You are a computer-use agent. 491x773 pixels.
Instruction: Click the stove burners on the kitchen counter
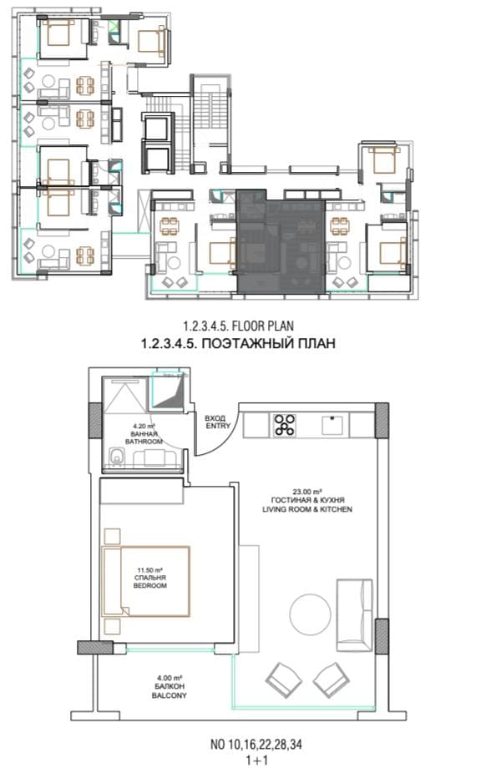(x=285, y=425)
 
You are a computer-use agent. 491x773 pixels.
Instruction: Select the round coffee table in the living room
(x=310, y=614)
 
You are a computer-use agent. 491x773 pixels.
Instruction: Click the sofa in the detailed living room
(x=354, y=615)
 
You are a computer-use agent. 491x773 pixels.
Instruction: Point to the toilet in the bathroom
(x=116, y=457)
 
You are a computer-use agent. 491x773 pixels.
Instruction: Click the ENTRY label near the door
(x=218, y=426)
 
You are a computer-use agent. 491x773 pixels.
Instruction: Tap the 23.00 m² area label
(x=307, y=492)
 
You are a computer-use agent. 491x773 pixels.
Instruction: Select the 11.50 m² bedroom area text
(x=149, y=569)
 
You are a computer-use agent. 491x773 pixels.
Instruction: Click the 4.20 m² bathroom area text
(x=144, y=426)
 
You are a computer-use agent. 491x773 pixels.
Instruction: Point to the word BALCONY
(x=169, y=695)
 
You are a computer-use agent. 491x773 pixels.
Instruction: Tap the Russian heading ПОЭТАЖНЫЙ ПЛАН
(x=269, y=343)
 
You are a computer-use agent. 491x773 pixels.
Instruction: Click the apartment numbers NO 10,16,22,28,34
(x=256, y=745)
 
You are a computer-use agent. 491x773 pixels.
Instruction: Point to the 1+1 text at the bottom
(x=256, y=760)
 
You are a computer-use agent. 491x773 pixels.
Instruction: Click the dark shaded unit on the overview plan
(x=281, y=241)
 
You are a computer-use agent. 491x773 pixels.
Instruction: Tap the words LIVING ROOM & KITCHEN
(x=307, y=509)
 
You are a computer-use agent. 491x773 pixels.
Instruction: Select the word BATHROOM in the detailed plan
(x=144, y=442)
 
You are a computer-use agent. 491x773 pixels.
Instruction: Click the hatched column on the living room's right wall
(x=382, y=636)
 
